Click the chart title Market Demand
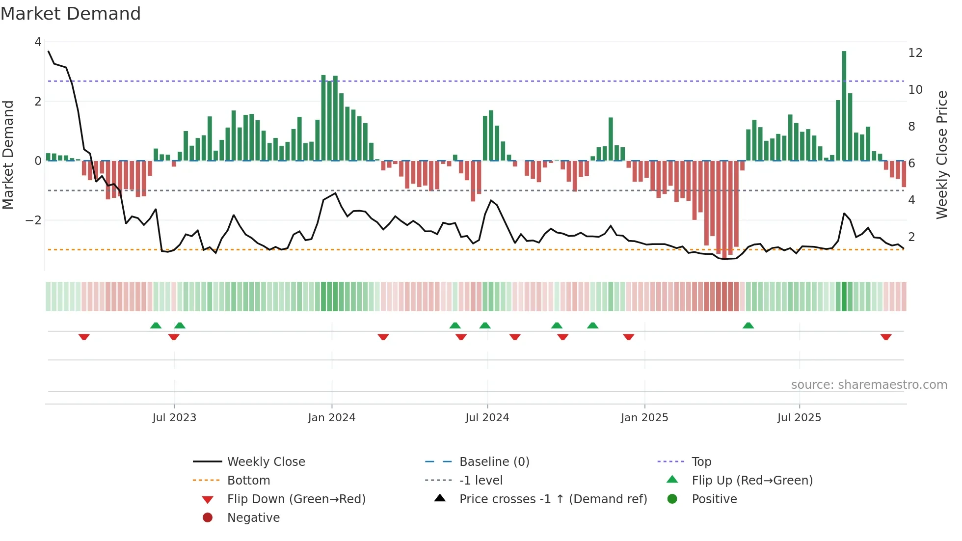pos(71,14)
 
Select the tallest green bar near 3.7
pos(844,106)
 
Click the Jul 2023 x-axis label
pos(174,418)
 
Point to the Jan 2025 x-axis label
pos(644,418)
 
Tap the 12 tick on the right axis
pos(915,53)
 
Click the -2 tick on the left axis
pos(33,220)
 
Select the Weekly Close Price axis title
pos(941,155)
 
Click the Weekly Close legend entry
pos(266,462)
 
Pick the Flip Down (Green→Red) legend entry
pos(296,499)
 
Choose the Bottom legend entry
pos(248,481)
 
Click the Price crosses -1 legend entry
pos(553,499)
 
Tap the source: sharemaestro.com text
pos(869,385)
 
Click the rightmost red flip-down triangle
pos(885,337)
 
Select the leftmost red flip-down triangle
pos(84,337)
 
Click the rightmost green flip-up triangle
pos(748,325)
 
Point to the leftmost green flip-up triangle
pos(156,325)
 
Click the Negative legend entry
pos(253,518)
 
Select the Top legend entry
pos(701,462)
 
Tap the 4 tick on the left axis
pos(38,42)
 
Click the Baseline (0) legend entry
pos(494,462)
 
